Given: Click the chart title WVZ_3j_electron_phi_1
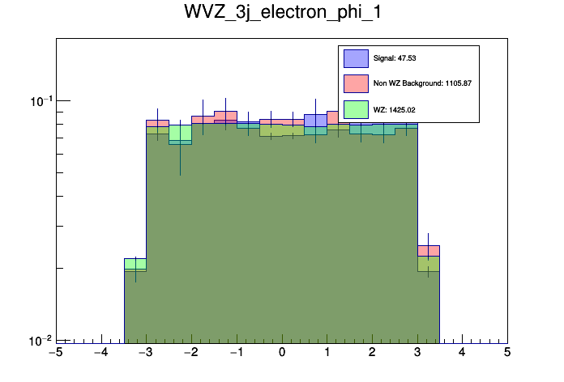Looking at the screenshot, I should point(281,15).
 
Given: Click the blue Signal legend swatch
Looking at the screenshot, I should point(356,58).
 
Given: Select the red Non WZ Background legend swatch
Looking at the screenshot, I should point(356,83).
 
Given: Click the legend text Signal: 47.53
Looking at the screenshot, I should point(395,58).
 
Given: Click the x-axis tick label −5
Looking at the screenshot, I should point(55,354).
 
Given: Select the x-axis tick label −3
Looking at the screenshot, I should point(146,354).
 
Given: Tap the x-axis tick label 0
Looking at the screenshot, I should point(282,354).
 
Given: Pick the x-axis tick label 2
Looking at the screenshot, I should point(372,354).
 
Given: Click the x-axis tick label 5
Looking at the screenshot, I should point(507,354).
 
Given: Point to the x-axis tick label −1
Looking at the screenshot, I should point(236,354).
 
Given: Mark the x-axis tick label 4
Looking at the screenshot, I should point(462,354).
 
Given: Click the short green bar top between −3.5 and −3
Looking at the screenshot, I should point(135,259).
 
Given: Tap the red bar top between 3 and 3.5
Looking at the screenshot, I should point(429,245).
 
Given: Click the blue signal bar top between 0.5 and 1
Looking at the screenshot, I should point(316,115).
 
